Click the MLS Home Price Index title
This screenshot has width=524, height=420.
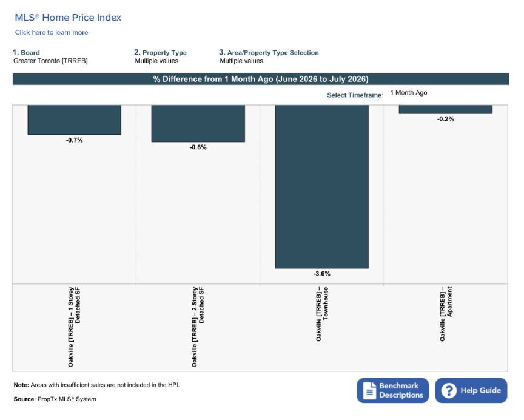click(68, 18)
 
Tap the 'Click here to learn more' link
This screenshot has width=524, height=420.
click(52, 32)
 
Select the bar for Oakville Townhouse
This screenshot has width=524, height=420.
click(322, 186)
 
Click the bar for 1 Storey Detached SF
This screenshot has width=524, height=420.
click(74, 120)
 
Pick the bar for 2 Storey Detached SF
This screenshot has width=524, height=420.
click(198, 124)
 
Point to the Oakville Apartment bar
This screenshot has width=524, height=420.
click(446, 109)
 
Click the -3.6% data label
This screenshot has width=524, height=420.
click(322, 274)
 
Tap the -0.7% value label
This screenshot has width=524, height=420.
click(74, 140)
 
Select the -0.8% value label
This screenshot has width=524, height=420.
click(198, 147)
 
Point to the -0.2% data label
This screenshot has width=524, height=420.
click(446, 119)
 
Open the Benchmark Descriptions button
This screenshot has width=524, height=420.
click(392, 390)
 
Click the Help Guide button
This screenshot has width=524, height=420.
click(471, 390)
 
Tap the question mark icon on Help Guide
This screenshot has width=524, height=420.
click(449, 391)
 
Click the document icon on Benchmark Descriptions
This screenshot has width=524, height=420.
click(369, 391)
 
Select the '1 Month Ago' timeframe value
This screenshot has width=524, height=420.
click(409, 93)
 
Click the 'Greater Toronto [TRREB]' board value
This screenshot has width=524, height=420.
click(50, 61)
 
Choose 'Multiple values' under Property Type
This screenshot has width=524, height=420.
click(156, 61)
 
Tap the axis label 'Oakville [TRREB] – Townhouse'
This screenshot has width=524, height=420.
click(322, 314)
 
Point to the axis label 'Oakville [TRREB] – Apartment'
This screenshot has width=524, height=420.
click(446, 314)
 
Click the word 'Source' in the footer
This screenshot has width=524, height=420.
click(24, 399)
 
